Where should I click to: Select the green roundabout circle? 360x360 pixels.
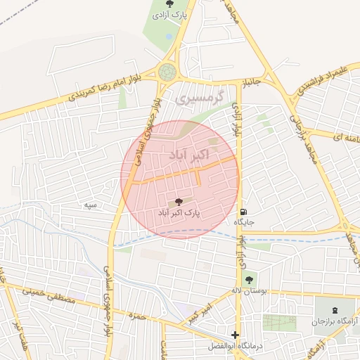[167, 72]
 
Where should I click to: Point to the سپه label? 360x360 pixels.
[90, 205]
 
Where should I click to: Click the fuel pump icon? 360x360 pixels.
[244, 211]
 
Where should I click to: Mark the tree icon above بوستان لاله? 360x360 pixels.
[248, 280]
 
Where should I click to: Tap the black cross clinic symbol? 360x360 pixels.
[235, 335]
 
